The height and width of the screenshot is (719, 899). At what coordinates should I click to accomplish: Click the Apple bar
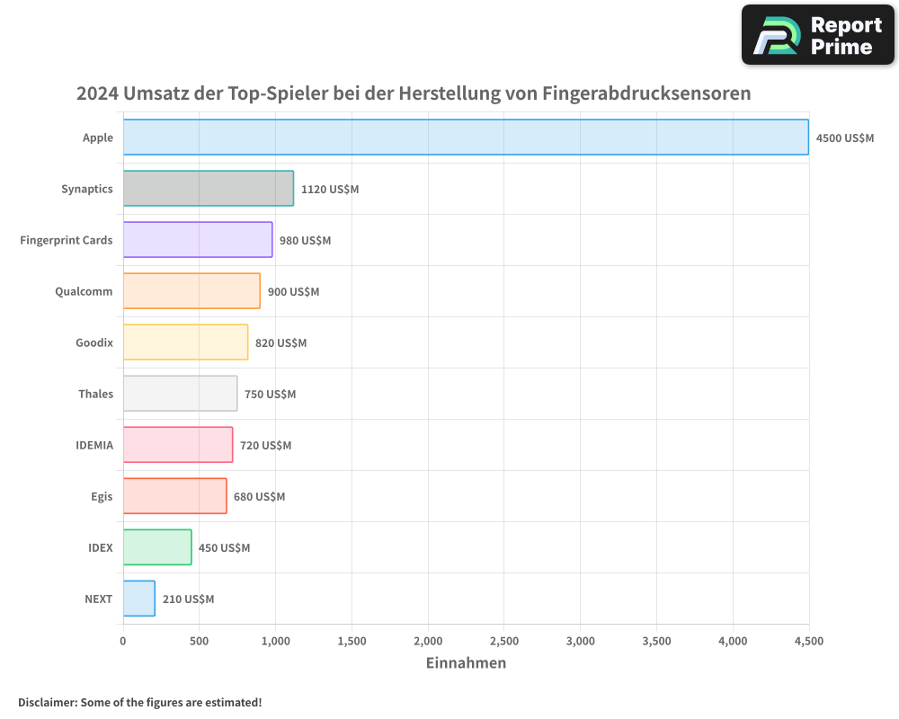point(466,138)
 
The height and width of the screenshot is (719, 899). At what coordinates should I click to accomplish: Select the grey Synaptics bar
point(208,189)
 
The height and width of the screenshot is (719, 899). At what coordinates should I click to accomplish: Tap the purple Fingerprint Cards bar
point(198,240)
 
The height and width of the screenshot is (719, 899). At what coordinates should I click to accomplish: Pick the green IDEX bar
point(157,547)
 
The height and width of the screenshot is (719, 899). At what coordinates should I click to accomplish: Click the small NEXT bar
point(139,599)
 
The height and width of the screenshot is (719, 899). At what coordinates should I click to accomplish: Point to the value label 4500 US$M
point(844,138)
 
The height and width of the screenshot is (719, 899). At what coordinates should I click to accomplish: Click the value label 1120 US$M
point(329,190)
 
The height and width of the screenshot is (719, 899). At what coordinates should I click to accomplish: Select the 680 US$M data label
point(259,497)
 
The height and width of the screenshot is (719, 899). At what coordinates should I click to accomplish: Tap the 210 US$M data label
point(188,599)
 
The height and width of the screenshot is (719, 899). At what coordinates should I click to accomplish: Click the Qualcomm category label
point(84,291)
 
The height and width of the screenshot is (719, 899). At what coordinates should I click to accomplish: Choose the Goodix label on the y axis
point(94,342)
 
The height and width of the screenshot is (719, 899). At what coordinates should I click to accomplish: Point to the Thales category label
point(95,394)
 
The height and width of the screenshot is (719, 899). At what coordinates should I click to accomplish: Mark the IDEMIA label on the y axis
point(94,445)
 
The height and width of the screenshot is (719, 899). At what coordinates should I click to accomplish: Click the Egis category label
point(102,496)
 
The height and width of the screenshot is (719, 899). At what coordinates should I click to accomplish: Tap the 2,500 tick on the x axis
point(504,641)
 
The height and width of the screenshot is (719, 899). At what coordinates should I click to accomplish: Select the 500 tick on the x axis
point(200,641)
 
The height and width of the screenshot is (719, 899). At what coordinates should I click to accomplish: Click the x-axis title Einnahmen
point(466,663)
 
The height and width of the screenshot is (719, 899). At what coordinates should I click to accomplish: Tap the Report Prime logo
point(818,35)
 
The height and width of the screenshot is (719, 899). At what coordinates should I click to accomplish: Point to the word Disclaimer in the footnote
point(47,702)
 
